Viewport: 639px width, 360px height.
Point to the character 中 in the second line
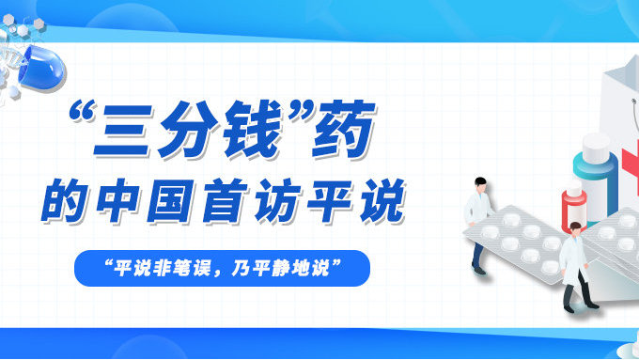[128, 200]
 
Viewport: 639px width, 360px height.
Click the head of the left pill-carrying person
[481, 181]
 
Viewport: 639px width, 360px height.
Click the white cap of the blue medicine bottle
[596, 146]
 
